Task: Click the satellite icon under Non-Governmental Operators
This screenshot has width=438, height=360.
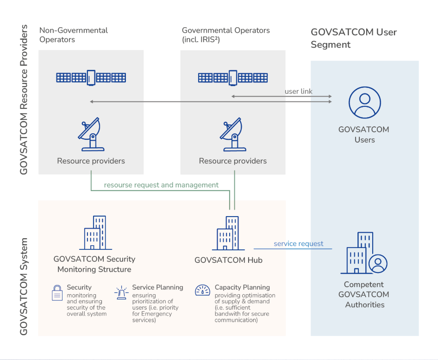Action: (x=91, y=78)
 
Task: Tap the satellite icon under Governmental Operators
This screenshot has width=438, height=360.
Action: (x=233, y=78)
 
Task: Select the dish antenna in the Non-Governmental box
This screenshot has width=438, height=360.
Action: (x=91, y=134)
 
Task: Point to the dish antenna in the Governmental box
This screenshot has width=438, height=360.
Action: (x=233, y=134)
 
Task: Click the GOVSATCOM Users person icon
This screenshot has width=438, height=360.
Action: (x=364, y=102)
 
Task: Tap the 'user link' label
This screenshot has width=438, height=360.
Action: (x=298, y=91)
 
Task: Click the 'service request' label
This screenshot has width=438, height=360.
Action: (x=298, y=244)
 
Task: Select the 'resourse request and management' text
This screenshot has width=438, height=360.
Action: (x=161, y=185)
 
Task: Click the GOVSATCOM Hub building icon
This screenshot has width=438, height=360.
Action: (x=229, y=233)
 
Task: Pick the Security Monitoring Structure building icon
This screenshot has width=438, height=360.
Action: (x=95, y=232)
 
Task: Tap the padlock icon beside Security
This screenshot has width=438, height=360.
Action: (x=57, y=293)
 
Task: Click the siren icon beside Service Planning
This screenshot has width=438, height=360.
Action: (x=121, y=293)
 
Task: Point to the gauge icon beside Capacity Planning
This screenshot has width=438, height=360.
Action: (x=202, y=290)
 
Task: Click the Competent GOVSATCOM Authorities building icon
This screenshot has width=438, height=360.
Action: (x=364, y=253)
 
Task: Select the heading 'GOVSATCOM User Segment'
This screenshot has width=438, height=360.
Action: (x=354, y=38)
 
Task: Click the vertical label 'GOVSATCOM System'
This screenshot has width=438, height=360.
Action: (x=24, y=286)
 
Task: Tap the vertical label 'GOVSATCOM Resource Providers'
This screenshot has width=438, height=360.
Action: (x=24, y=99)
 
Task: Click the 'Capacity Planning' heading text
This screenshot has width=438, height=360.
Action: (x=242, y=287)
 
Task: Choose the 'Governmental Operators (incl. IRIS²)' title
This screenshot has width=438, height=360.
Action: (x=225, y=35)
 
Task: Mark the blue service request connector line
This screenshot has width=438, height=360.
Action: (x=293, y=248)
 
